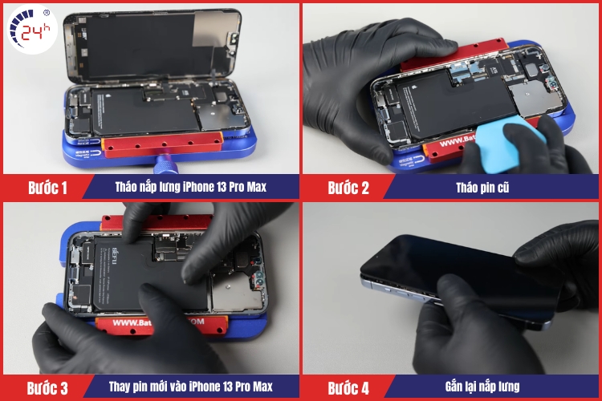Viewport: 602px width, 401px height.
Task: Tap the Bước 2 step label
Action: tap(348, 188)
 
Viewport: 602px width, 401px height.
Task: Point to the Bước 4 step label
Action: tap(348, 388)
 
